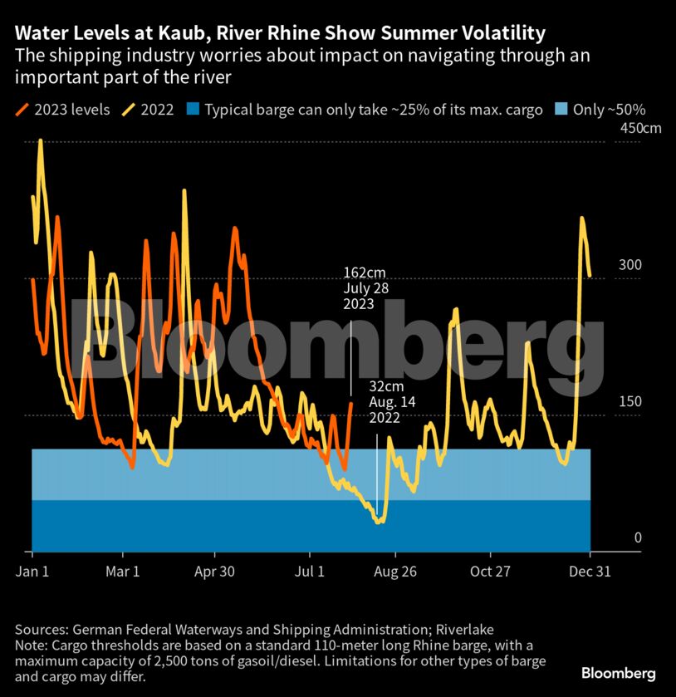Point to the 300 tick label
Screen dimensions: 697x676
coord(629,265)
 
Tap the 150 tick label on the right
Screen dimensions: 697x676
coord(629,401)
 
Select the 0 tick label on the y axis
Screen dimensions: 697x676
coord(638,537)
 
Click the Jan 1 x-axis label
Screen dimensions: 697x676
coord(32,572)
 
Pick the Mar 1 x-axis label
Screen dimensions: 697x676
coord(122,572)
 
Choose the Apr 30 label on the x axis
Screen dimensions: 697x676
coord(215,572)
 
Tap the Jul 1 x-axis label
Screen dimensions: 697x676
coord(310,572)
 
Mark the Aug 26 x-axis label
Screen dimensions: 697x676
coord(395,572)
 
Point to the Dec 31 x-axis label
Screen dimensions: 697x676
coord(590,572)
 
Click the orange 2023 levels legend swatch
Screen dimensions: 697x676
coord(22,110)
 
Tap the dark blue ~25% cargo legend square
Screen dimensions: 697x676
coord(193,110)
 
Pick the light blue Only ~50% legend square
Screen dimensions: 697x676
coord(561,110)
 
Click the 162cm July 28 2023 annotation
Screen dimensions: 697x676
coord(365,288)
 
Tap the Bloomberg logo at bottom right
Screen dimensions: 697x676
coord(619,672)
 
